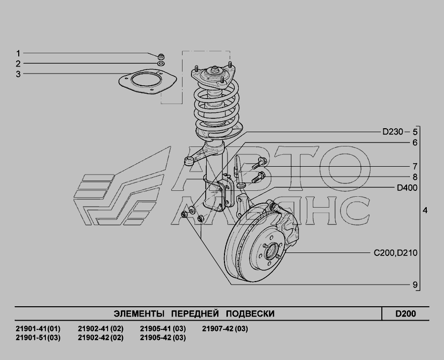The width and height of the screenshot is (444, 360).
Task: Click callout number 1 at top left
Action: [18, 53]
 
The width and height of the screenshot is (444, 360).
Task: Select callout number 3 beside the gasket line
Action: [18, 74]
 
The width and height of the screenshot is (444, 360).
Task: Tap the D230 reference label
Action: [393, 132]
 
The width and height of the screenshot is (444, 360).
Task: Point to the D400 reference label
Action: [407, 187]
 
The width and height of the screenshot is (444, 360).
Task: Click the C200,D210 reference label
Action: [396, 252]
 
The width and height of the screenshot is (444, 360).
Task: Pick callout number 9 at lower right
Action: [415, 285]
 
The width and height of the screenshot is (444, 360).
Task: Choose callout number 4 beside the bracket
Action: [425, 211]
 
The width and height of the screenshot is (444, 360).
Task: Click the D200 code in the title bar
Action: [406, 314]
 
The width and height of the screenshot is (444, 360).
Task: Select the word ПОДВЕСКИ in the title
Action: [250, 314]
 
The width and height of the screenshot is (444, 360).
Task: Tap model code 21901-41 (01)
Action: [38, 328]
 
